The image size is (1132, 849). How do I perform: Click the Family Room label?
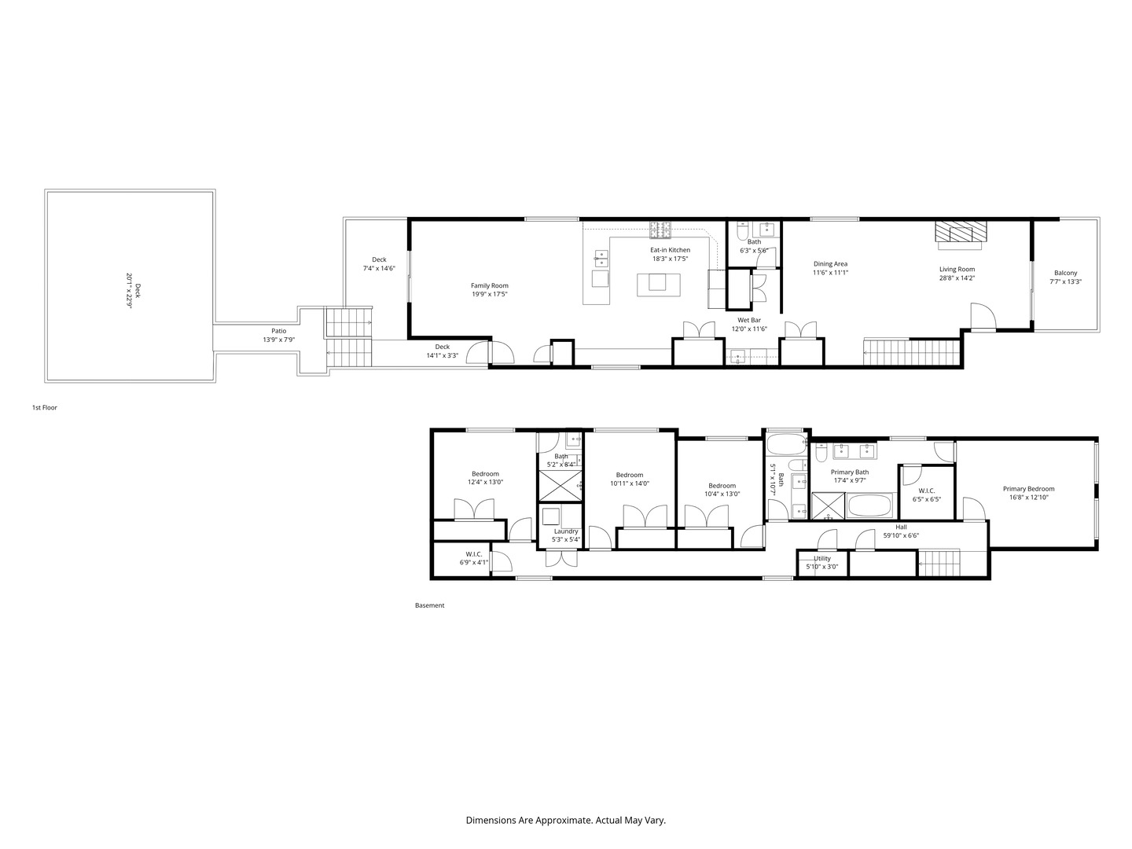pyautogui.click(x=489, y=285)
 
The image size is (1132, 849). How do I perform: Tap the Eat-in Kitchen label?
pyautogui.click(x=670, y=250)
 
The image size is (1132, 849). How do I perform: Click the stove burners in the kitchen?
pyautogui.click(x=660, y=230)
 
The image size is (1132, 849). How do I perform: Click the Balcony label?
pyautogui.click(x=1065, y=273)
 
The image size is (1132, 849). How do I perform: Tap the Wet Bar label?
pyautogui.click(x=748, y=320)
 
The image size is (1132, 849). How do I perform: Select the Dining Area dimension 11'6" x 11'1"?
pyautogui.click(x=830, y=273)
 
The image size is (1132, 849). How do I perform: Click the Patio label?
pyautogui.click(x=278, y=331)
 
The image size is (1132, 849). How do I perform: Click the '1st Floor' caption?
pyautogui.click(x=44, y=408)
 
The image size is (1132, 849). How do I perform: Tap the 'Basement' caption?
pyautogui.click(x=429, y=605)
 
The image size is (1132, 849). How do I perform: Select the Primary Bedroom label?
pyautogui.click(x=1028, y=488)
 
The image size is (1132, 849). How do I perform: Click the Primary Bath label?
pyautogui.click(x=849, y=472)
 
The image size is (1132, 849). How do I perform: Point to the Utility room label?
pyautogui.click(x=821, y=558)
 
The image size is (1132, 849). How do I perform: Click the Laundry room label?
pyautogui.click(x=566, y=531)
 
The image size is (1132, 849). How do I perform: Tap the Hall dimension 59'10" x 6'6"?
pyautogui.click(x=900, y=535)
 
